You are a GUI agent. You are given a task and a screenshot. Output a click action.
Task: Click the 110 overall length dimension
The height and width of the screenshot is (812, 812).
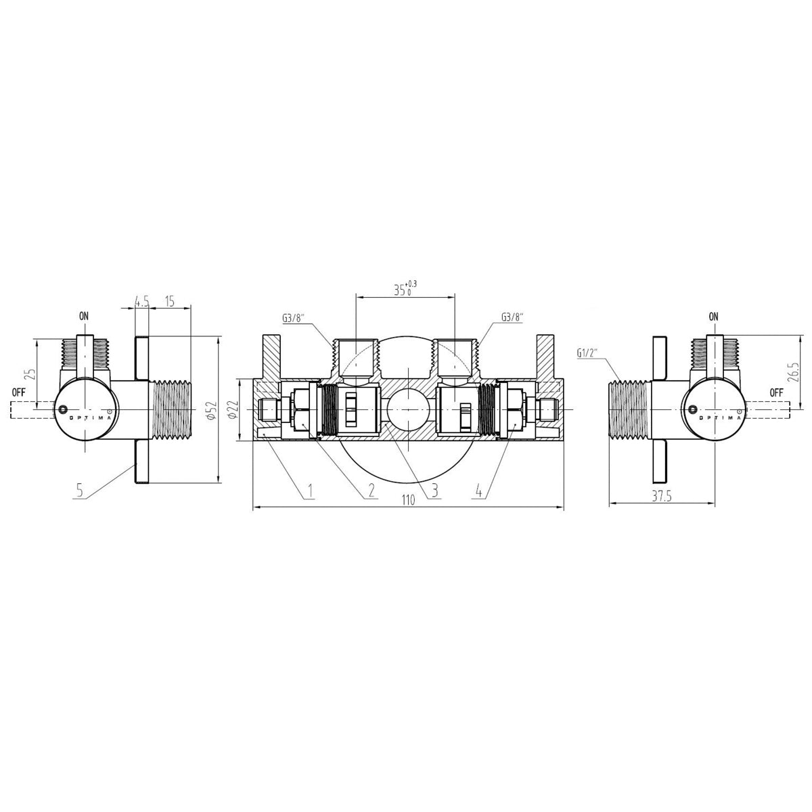(x=408, y=500)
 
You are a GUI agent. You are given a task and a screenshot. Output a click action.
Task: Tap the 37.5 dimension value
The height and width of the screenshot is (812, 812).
(x=662, y=497)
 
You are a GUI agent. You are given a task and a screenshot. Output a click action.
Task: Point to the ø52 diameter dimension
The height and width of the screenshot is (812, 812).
(x=212, y=409)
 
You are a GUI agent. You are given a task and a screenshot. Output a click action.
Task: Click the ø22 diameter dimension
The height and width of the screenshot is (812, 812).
(x=234, y=409)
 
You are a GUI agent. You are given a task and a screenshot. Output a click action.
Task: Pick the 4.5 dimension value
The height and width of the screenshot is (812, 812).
(x=141, y=301)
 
